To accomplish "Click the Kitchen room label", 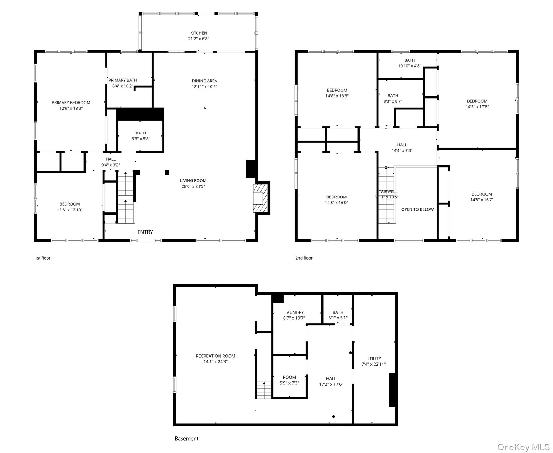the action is pyautogui.click(x=198, y=33).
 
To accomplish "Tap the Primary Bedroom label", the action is pyautogui.click(x=71, y=103).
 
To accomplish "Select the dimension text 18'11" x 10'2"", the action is pyautogui.click(x=204, y=86).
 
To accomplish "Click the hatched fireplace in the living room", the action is pyautogui.click(x=260, y=198).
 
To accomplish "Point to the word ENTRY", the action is pyautogui.click(x=145, y=232).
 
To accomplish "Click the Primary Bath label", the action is pyautogui.click(x=123, y=80).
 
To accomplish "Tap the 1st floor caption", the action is pyautogui.click(x=42, y=258).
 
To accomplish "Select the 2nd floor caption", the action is pyautogui.click(x=304, y=258).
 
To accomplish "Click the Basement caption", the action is pyautogui.click(x=187, y=439).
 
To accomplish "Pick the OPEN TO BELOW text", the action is pyautogui.click(x=417, y=209).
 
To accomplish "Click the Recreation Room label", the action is pyautogui.click(x=216, y=356).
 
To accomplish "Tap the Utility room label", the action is pyautogui.click(x=374, y=359).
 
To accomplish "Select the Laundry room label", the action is pyautogui.click(x=294, y=313).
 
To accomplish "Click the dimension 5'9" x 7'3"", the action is pyautogui.click(x=289, y=383).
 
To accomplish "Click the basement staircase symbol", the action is pyautogui.click(x=264, y=390).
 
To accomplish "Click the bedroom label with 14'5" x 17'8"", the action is pyautogui.click(x=477, y=104).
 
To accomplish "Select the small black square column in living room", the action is pyautogui.click(x=167, y=172).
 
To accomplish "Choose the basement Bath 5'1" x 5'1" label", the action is pyautogui.click(x=338, y=315).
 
